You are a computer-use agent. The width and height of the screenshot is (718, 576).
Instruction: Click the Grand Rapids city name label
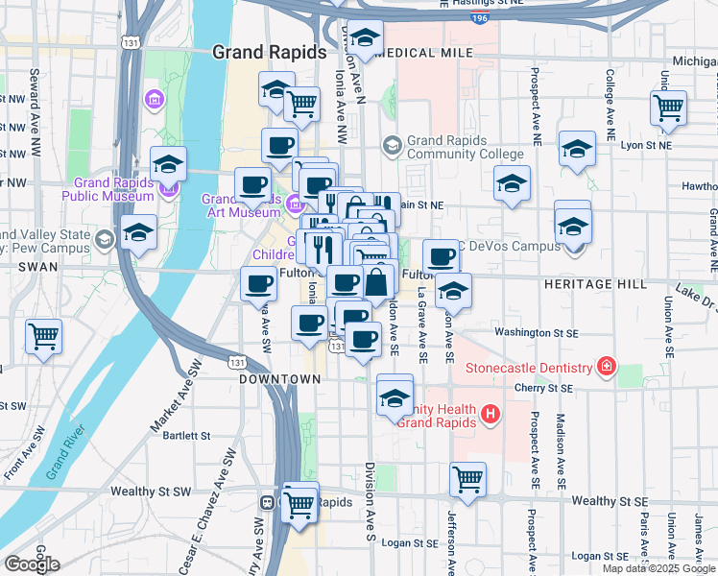pyautogui.click(x=269, y=53)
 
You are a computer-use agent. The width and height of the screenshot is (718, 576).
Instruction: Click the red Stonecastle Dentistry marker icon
pyautogui.click(x=606, y=368)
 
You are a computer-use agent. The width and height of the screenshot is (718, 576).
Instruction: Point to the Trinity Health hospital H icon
pyautogui.click(x=491, y=415)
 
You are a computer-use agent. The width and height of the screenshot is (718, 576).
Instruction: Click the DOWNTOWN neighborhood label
pyautogui.click(x=279, y=379)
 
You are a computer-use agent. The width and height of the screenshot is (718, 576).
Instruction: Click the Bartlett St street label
pyautogui.click(x=186, y=435)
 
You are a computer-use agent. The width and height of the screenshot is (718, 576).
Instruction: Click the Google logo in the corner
pyautogui.click(x=32, y=564)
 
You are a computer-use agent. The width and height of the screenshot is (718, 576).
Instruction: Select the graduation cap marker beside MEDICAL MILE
pyautogui.click(x=364, y=38)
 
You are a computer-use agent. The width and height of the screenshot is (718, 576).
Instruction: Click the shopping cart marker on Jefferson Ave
pyautogui.click(x=467, y=477)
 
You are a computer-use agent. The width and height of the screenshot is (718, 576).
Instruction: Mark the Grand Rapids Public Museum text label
pyautogui.click(x=108, y=189)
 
